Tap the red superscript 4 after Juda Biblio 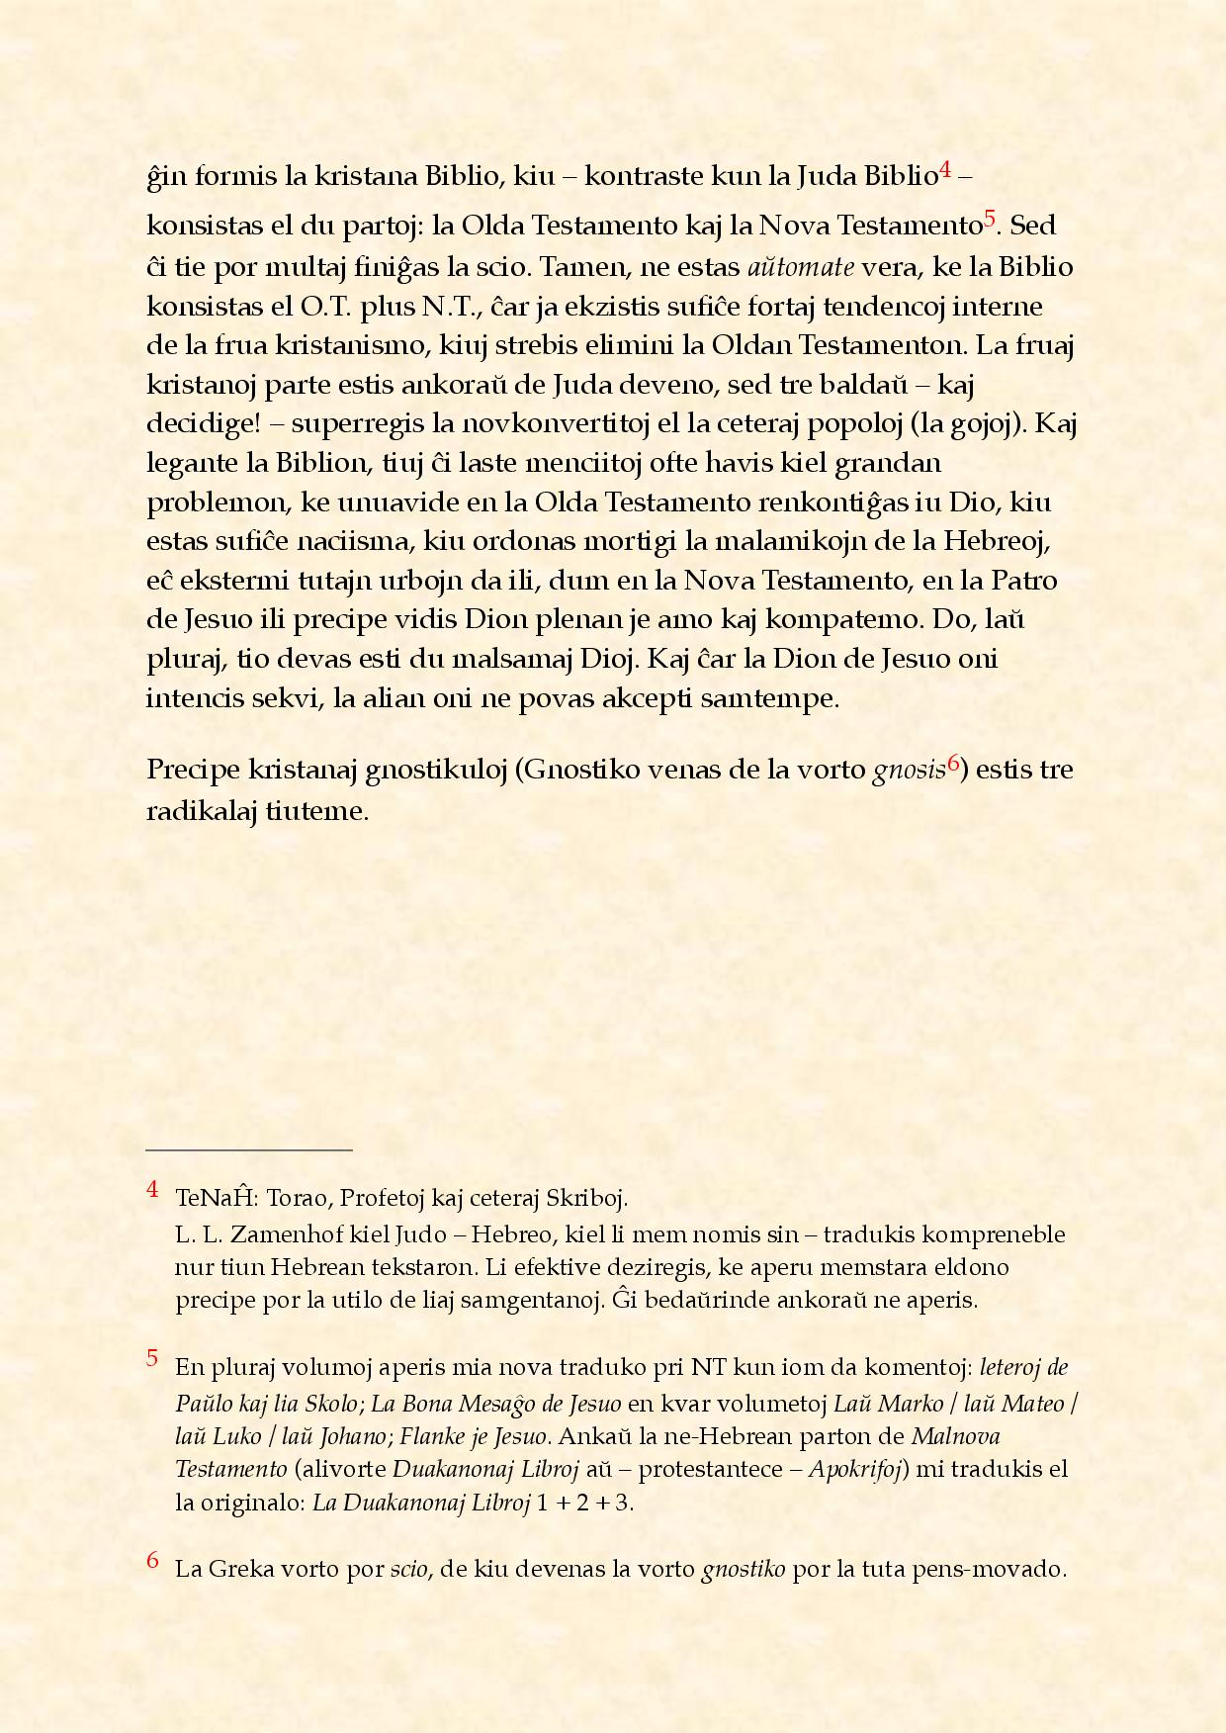(945, 171)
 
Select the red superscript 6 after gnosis (954, 763)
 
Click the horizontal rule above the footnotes (249, 1150)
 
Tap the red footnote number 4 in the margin (152, 1189)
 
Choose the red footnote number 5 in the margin (152, 1358)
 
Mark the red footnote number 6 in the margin (152, 1561)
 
